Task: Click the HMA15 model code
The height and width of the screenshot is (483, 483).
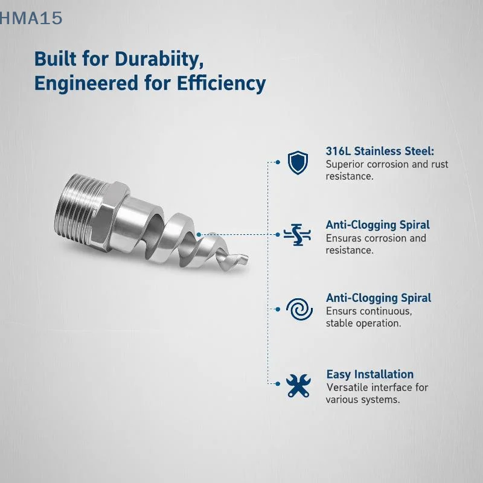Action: pos(31,18)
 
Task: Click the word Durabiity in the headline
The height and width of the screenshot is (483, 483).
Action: pos(159,59)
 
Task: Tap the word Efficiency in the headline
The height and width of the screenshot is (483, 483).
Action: pos(221,84)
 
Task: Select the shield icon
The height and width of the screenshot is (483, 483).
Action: pos(298,162)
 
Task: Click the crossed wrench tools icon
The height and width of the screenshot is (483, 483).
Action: pos(298,385)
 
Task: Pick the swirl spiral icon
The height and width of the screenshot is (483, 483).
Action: pos(299,309)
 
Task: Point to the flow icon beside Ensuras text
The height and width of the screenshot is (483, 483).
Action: pos(297,235)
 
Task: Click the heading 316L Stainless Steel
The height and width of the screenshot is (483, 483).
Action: pos(380,152)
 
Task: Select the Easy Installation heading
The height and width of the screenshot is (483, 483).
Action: pos(370,374)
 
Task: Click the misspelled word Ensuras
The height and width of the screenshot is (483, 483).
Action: pos(345,238)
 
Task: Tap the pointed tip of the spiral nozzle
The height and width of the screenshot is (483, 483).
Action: pos(246,257)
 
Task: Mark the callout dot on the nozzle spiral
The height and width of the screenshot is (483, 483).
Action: pos(199,235)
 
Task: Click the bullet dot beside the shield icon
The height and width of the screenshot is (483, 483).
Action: pos(278,162)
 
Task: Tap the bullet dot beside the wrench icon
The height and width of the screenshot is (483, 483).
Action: pos(278,384)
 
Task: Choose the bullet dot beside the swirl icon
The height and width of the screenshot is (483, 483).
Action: pos(278,309)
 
